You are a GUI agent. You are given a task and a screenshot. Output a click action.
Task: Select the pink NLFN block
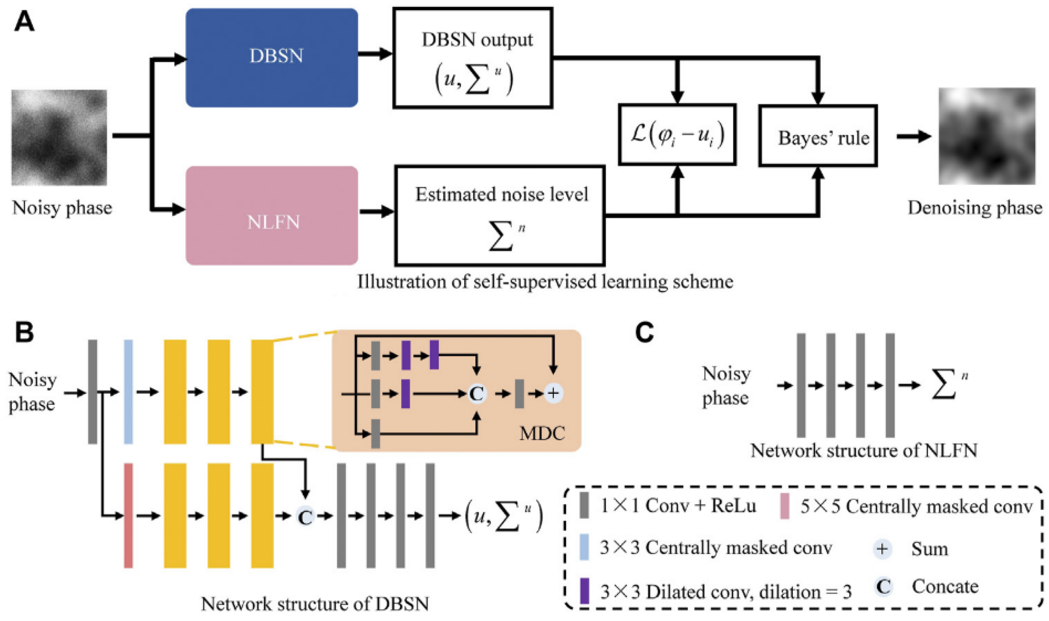coord(272,216)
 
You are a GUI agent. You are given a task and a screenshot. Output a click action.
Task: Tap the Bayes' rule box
coord(818,136)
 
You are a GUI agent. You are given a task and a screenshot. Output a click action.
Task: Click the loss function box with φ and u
coord(677,134)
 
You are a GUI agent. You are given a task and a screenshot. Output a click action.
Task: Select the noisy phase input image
coord(59,137)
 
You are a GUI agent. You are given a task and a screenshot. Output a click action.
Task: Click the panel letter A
coord(24,21)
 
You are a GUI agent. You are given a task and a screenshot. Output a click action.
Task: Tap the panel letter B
coord(24,333)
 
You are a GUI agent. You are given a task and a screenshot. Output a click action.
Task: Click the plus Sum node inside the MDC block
coord(553,393)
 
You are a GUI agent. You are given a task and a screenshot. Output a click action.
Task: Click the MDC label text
coord(542,434)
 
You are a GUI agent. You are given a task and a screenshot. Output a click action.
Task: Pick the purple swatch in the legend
coord(584,591)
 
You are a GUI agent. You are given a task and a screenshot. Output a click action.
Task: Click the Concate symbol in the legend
coord(883,587)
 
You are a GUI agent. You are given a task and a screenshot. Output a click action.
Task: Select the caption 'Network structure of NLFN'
coord(864,451)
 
